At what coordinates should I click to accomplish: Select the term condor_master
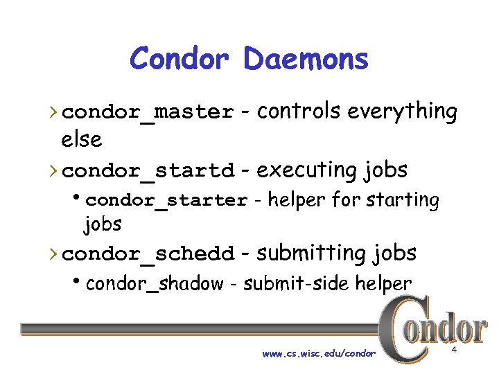coord(152,112)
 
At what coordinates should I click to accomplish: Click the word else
coord(81,139)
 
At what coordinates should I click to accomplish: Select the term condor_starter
coord(166,201)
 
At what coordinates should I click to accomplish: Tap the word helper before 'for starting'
coord(297,200)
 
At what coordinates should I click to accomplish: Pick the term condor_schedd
coord(152,254)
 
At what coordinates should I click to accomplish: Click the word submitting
coord(311,253)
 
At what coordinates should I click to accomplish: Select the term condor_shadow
coord(155,283)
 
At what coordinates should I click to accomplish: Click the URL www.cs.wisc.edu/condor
coord(319,354)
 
